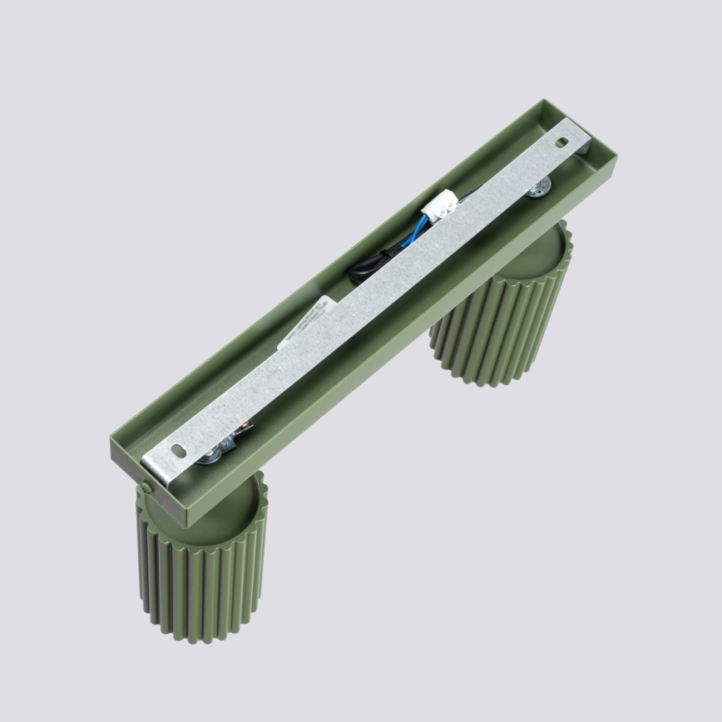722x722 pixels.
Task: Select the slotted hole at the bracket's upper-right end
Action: [x=564, y=142]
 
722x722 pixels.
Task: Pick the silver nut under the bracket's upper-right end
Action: [x=540, y=188]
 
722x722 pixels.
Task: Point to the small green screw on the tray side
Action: [x=146, y=487]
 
